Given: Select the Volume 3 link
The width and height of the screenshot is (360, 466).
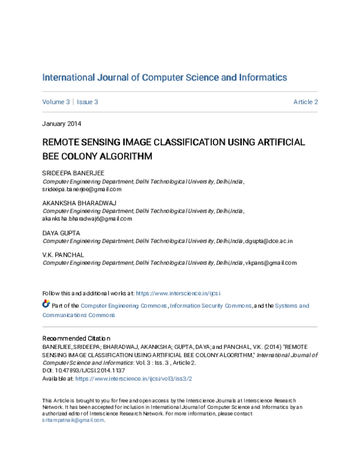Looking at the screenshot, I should (56, 102).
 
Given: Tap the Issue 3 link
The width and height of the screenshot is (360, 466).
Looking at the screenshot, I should (88, 102).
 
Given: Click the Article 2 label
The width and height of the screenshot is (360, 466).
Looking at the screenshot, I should (305, 102).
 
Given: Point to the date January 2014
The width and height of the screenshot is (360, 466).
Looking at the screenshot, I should (62, 124).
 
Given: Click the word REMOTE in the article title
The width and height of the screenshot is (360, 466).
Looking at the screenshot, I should (63, 143).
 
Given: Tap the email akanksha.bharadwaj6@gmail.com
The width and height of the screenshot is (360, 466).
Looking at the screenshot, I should (86, 219).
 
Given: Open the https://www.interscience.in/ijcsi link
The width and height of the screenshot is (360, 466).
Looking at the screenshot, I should (178, 294).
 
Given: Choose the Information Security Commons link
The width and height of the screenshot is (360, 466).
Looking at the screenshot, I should (211, 306).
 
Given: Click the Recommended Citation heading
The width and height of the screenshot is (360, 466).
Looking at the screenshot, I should (76, 339).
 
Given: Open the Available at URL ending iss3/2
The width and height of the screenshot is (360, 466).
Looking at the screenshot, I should (133, 380).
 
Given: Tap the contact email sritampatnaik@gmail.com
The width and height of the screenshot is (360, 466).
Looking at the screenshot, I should (73, 420).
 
